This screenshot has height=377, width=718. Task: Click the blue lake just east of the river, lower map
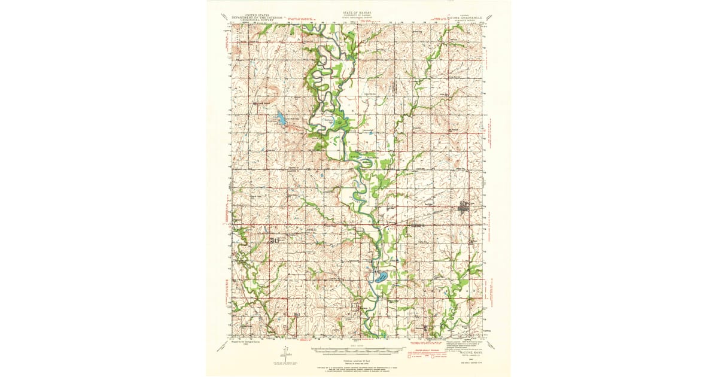click(379, 277)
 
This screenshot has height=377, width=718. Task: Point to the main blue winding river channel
click(362, 197)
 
